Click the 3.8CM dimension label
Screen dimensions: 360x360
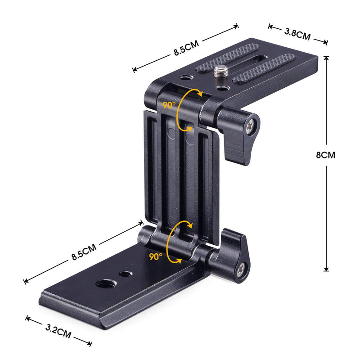pos(297,34)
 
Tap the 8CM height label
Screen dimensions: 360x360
pos(325,155)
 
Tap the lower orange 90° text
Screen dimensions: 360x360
pos(155,256)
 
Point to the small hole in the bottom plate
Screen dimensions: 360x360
pos(123,273)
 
